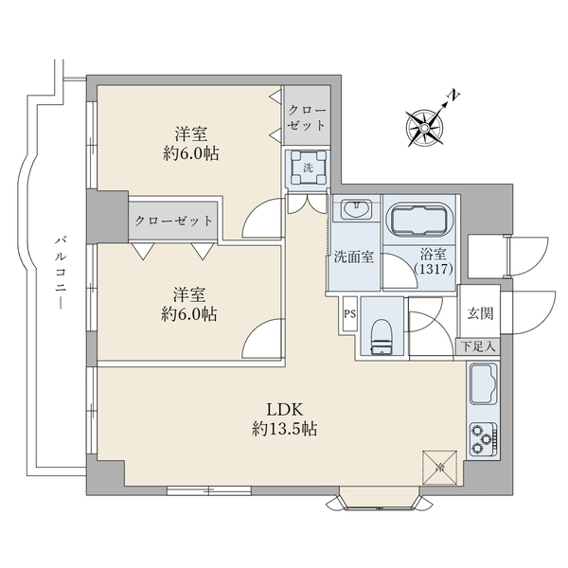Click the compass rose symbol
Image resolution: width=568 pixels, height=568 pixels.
(x=424, y=128)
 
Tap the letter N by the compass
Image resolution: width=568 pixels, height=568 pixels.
(x=453, y=96)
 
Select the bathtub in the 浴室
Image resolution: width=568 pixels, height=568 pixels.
(x=418, y=221)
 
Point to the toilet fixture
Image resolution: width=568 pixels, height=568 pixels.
(x=382, y=336)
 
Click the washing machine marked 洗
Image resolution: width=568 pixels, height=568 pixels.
(x=308, y=168)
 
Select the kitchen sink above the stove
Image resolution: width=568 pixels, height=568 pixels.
(x=484, y=384)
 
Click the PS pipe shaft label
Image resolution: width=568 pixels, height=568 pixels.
(x=349, y=313)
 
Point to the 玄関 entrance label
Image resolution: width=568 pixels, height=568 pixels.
(x=480, y=313)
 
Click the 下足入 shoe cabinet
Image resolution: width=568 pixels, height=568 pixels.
(x=478, y=347)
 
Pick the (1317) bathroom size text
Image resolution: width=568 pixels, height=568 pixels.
(x=434, y=269)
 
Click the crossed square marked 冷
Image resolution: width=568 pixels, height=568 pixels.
(x=440, y=468)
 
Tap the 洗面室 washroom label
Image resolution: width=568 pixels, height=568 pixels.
(x=353, y=257)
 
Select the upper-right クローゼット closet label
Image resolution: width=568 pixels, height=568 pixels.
(x=307, y=118)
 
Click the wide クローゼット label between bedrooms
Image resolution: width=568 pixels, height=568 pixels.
(x=173, y=221)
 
